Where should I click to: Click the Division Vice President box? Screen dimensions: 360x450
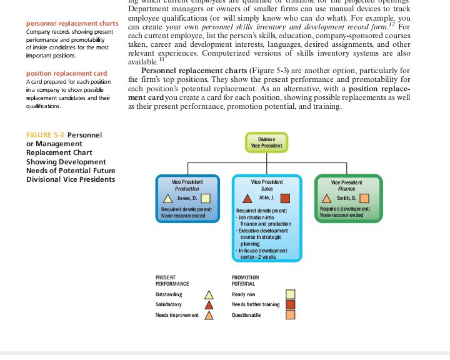coord(266,142)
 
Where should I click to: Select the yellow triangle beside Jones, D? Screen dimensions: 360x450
coord(167,198)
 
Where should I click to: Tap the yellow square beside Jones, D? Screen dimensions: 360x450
coord(205,198)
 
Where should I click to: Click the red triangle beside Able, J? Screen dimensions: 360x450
coord(247,198)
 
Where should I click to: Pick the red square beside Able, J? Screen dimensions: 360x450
coord(285,198)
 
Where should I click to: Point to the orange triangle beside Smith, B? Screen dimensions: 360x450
coord(327,199)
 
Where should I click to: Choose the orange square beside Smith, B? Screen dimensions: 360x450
coord(364,199)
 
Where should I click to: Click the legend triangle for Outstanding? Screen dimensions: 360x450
coord(210,294)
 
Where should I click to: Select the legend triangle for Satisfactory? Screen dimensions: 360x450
coord(210,304)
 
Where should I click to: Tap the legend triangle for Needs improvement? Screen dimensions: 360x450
coord(210,315)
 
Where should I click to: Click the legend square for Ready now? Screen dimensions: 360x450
coord(291,294)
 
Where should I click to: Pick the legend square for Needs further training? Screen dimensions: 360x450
coord(291,304)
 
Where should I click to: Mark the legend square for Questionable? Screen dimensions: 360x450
coord(291,315)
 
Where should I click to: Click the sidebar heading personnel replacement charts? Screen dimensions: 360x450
coord(72,24)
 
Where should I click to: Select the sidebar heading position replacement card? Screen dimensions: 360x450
coord(66,74)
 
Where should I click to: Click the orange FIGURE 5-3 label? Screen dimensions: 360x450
coord(45,135)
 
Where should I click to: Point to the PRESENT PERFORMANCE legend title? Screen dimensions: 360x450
coord(172,280)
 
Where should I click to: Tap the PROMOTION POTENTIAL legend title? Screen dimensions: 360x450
coord(245,280)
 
